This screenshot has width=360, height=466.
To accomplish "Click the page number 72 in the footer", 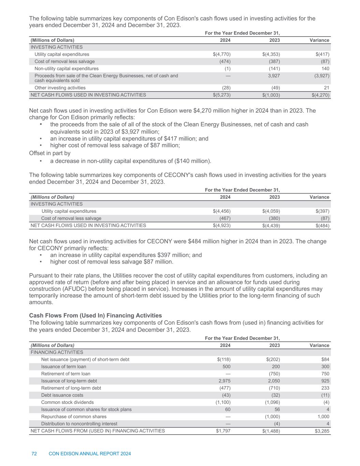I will (x=34, y=454).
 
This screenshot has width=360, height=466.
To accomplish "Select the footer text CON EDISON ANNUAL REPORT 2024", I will (x=90, y=454).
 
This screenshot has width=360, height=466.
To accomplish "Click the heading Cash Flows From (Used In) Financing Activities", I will (x=96, y=315).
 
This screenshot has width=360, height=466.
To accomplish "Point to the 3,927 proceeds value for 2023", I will (x=274, y=76).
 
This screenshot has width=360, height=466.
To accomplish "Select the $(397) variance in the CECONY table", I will (x=322, y=211).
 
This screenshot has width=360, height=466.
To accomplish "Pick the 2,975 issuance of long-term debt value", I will (x=224, y=381).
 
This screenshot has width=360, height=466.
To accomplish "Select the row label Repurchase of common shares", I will (x=74, y=416).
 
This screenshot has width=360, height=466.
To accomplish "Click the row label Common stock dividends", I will (x=67, y=402).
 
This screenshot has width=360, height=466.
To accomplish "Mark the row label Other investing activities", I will (x=60, y=88).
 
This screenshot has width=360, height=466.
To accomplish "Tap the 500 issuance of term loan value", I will (x=226, y=366).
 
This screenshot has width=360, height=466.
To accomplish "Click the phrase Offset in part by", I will (x=50, y=153).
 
